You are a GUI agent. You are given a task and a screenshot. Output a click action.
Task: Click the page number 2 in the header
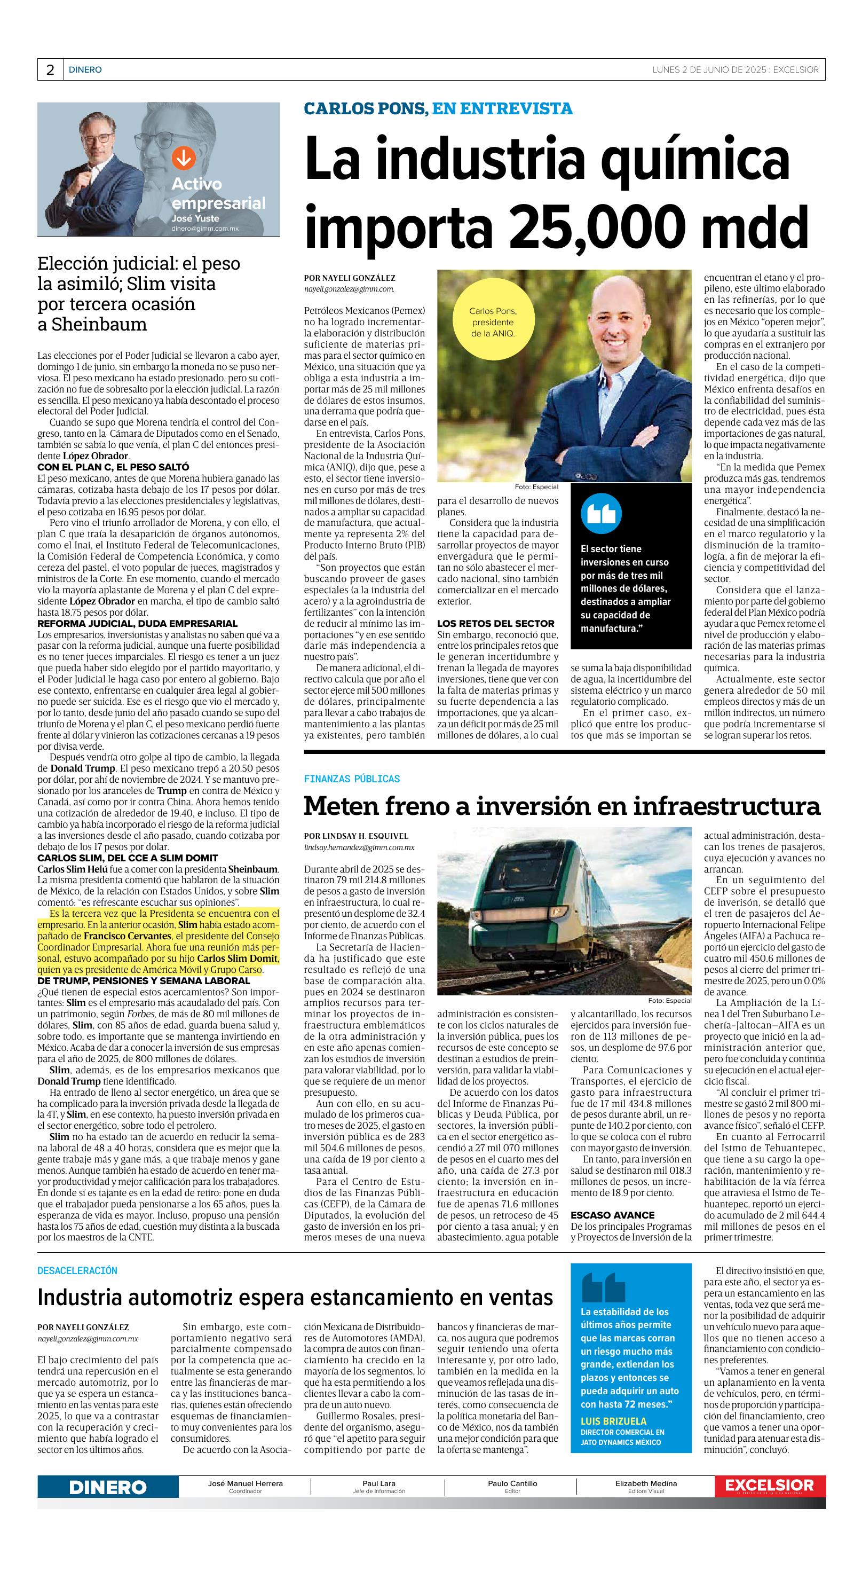(50, 70)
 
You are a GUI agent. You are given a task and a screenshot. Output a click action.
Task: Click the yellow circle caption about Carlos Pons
(493, 323)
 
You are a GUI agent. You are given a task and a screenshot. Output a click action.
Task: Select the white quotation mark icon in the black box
(600, 514)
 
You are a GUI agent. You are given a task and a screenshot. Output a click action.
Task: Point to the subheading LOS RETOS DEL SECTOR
(495, 623)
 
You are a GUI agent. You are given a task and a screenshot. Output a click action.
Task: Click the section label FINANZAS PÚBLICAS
(352, 779)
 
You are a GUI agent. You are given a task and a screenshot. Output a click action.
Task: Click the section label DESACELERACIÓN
(77, 1270)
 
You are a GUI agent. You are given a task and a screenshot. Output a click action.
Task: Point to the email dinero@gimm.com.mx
(204, 227)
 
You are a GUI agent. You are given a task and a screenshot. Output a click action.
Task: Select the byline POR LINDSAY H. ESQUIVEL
(356, 836)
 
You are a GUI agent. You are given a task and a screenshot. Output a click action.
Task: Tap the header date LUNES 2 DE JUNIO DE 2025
(708, 69)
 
